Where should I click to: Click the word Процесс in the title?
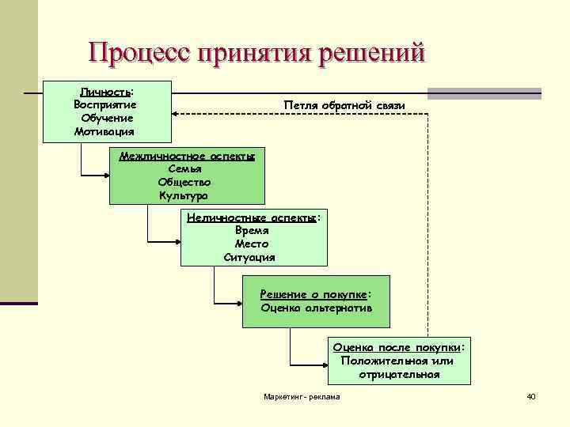(x=139, y=52)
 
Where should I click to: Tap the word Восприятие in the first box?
(x=104, y=105)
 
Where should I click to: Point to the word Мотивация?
(x=104, y=131)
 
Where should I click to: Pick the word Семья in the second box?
(x=186, y=168)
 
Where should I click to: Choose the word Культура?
(x=186, y=195)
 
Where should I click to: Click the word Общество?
(x=186, y=181)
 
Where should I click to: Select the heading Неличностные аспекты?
(x=253, y=217)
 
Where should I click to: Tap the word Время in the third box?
(x=253, y=230)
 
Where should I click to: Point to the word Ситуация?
(x=253, y=257)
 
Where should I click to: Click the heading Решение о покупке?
(x=313, y=294)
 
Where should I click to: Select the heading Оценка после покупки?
(x=397, y=347)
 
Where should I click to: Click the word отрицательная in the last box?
(x=399, y=374)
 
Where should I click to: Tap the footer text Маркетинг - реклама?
(x=302, y=396)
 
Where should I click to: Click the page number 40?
(x=530, y=396)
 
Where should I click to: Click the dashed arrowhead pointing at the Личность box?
(x=176, y=115)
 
